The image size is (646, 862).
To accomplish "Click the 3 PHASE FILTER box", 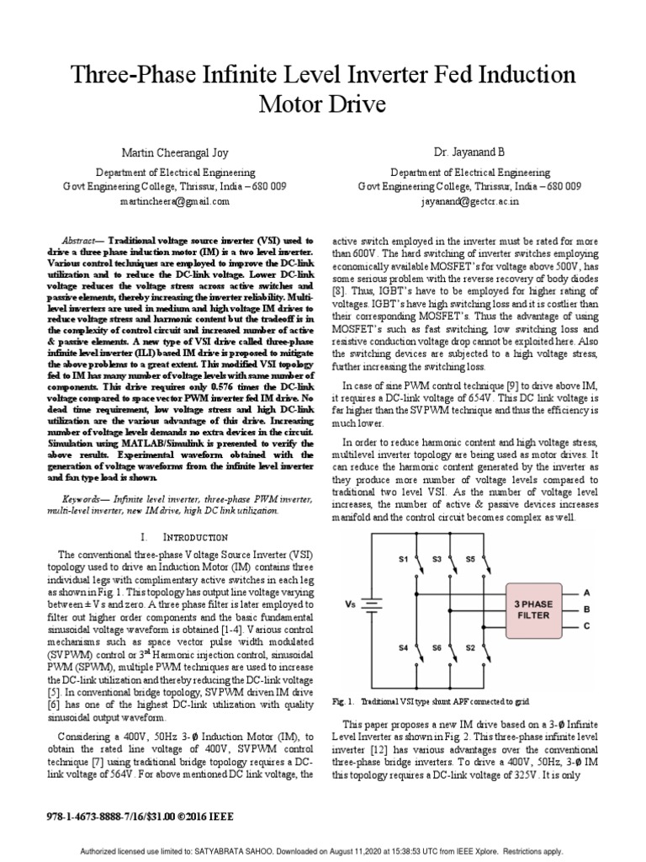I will (x=533, y=609).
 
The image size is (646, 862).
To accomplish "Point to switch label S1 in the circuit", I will (x=401, y=558).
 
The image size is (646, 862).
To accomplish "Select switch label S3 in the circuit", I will (x=436, y=558).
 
